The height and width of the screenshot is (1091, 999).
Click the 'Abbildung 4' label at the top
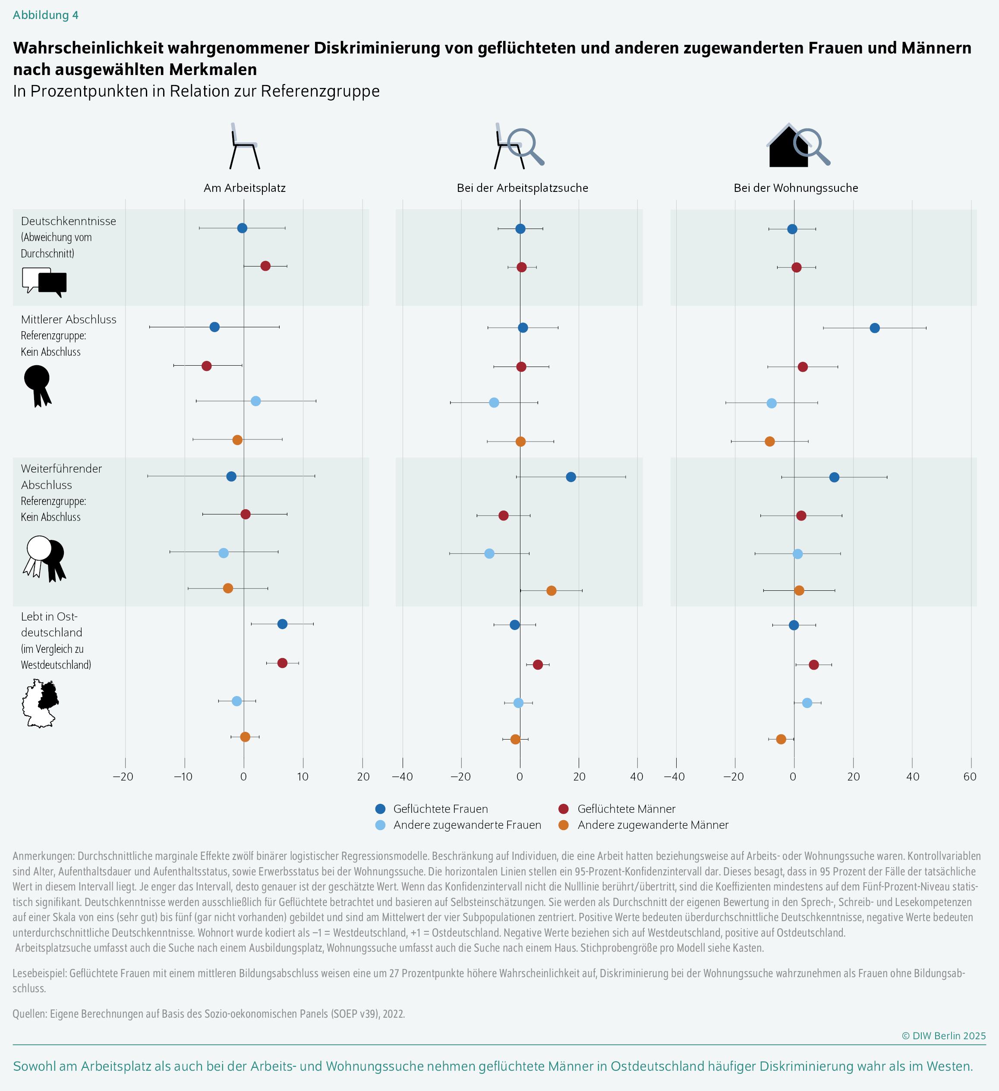click(45, 15)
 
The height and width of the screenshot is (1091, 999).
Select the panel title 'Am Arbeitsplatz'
click(244, 188)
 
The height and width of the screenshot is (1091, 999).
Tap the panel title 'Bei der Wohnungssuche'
click(795, 188)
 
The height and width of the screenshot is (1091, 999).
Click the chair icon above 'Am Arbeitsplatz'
click(244, 147)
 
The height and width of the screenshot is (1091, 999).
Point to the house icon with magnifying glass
click(798, 146)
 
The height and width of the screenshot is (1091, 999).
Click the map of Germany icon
click(41, 703)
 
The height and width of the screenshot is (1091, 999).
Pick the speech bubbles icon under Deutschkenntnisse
click(44, 282)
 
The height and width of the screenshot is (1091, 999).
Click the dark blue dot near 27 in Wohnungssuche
click(874, 328)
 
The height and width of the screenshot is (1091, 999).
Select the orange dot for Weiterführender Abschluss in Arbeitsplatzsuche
click(551, 590)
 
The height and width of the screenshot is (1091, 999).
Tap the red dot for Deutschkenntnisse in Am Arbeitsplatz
click(265, 266)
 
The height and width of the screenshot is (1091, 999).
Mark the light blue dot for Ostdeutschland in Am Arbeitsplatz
click(236, 701)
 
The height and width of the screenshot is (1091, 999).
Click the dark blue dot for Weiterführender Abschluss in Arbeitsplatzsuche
click(570, 477)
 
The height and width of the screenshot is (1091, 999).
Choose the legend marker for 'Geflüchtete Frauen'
click(380, 809)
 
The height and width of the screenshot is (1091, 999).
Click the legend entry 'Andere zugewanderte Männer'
click(652, 825)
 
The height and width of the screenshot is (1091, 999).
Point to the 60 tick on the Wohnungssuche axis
click(970, 777)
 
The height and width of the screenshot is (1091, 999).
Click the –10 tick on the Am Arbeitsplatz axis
click(183, 777)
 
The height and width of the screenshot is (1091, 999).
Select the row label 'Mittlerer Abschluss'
click(69, 319)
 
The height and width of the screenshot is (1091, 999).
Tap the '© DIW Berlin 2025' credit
click(943, 1036)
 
